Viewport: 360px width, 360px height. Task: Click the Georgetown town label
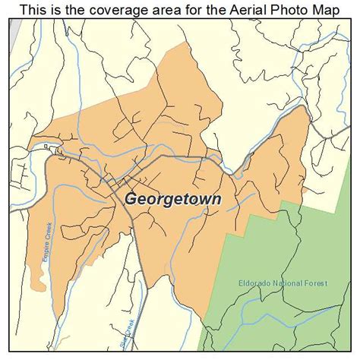[x=173, y=199]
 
